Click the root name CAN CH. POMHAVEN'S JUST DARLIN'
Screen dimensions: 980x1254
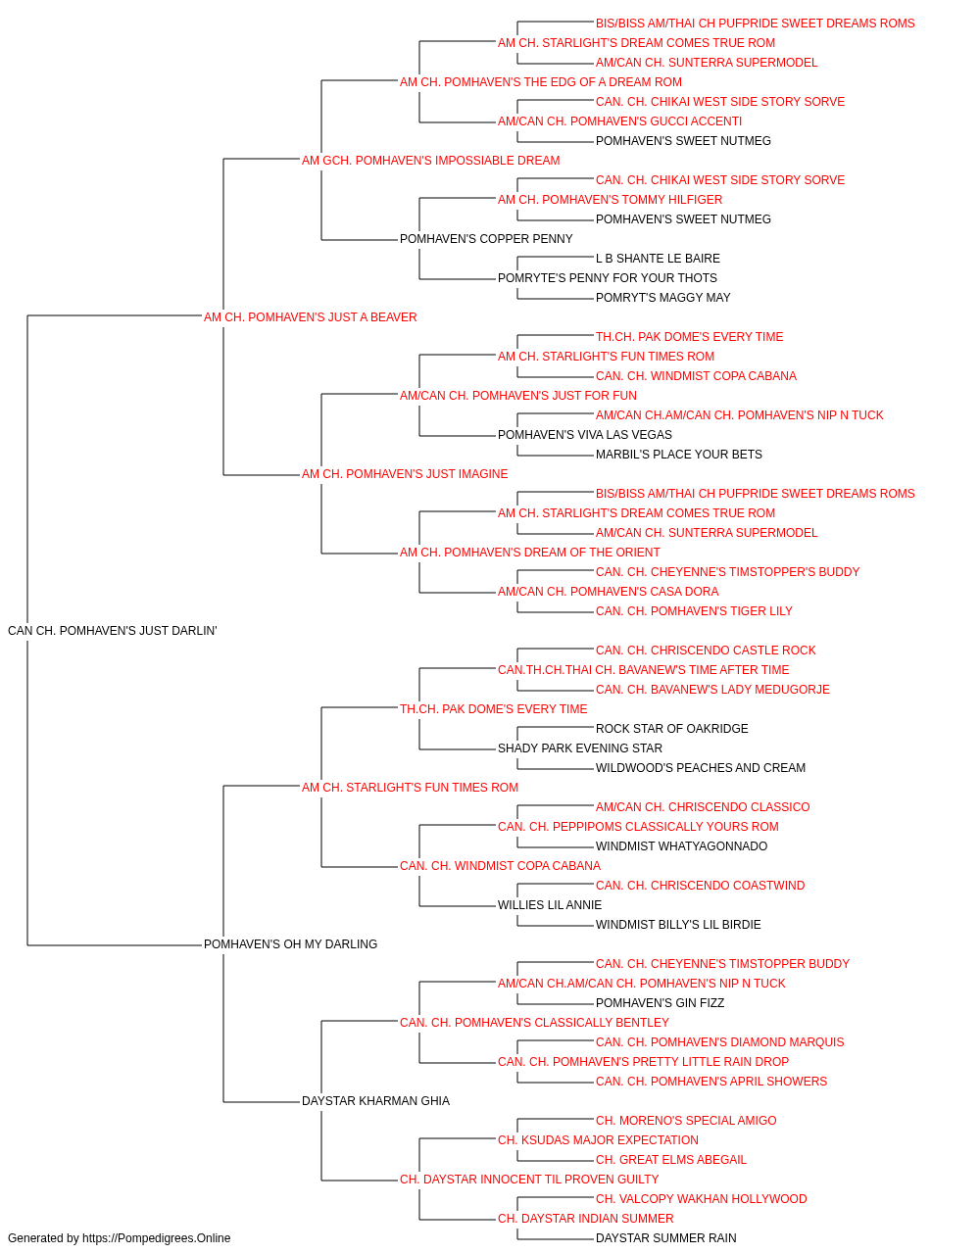113,631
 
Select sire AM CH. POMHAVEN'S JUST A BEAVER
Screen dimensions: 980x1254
310,317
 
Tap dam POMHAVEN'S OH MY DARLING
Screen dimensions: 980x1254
290,944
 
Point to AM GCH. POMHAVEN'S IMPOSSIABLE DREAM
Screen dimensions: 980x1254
430,161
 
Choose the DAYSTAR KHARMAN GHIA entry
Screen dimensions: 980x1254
375,1101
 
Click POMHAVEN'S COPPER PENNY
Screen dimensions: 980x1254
486,239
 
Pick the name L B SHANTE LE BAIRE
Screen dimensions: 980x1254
658,259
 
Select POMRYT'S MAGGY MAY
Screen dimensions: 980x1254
662,298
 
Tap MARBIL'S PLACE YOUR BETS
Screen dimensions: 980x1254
679,455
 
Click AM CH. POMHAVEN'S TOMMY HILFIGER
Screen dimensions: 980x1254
610,200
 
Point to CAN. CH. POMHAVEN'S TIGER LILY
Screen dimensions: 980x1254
694,611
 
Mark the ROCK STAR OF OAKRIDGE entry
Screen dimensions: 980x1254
672,729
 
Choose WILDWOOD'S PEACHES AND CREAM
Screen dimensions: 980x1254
700,768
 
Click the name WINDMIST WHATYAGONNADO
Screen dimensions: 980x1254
681,846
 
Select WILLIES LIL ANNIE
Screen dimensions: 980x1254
550,905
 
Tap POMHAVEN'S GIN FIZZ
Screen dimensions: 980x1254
660,1003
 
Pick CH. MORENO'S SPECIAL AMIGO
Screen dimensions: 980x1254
686,1121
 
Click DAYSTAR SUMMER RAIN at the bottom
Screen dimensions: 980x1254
666,1238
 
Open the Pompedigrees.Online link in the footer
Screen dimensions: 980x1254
157,1238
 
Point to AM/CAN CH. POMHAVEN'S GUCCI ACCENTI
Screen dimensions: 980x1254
620,121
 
